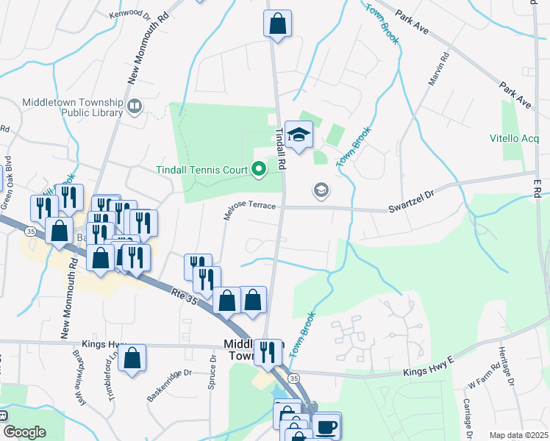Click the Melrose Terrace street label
(x=249, y=210)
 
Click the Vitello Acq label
(x=515, y=138)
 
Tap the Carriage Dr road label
(x=466, y=419)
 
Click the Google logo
(x=24, y=432)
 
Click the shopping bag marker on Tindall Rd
(x=277, y=24)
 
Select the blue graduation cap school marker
(x=299, y=135)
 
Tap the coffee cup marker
(x=326, y=426)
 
